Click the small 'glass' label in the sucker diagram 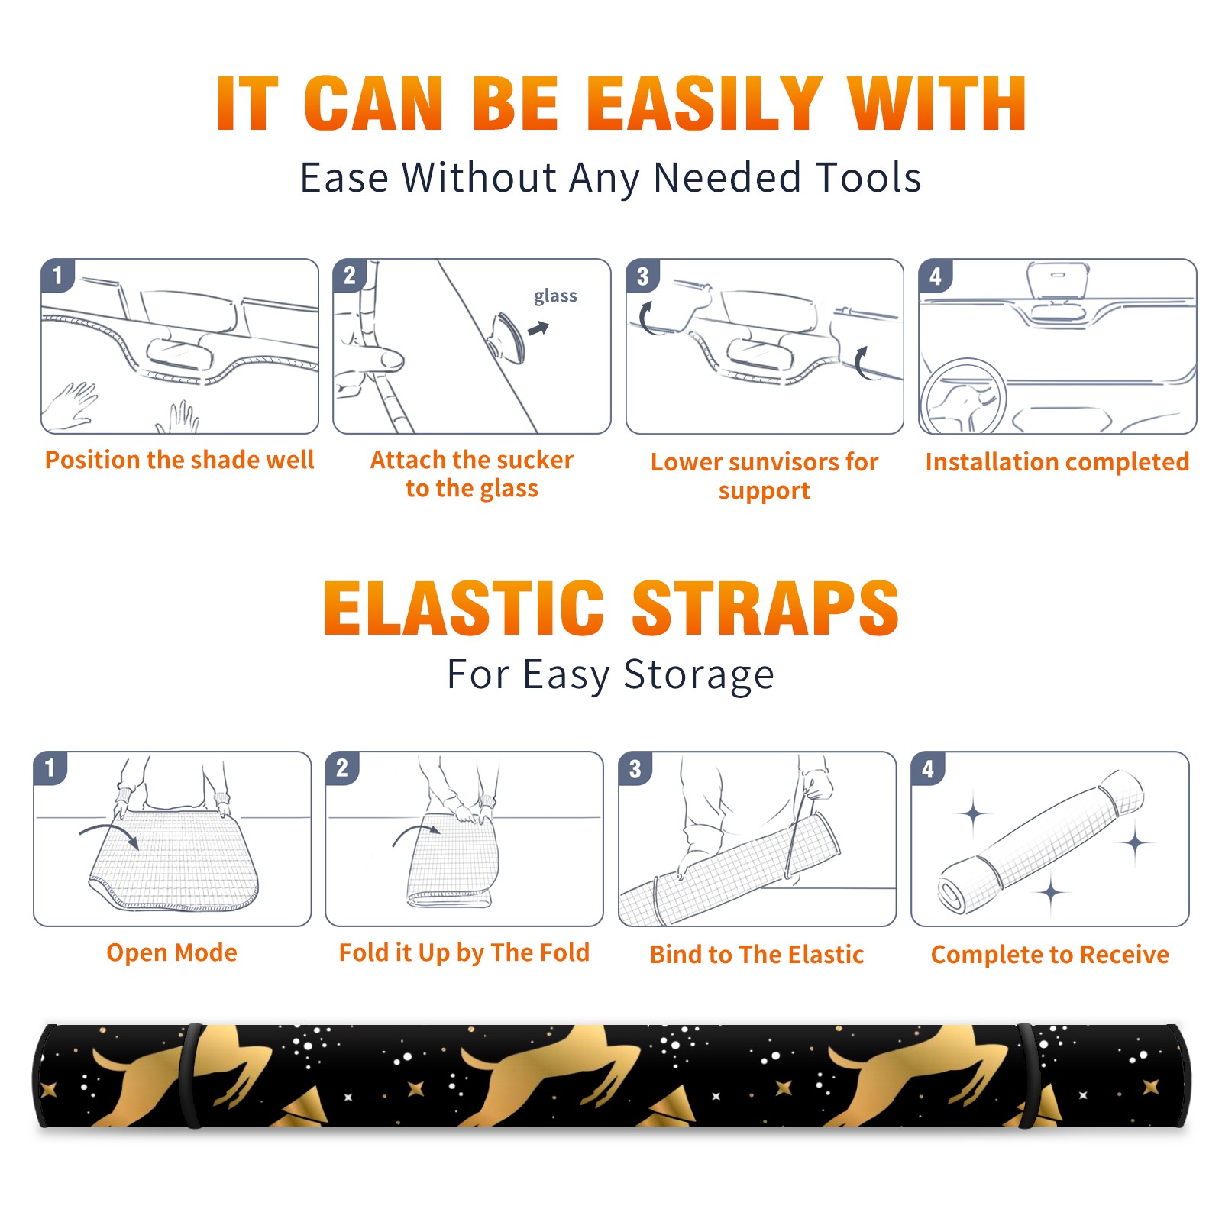pos(555,296)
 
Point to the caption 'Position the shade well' pos(179,460)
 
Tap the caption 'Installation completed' pos(1057,462)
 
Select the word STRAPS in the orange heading pos(765,608)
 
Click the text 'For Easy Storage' pos(610,674)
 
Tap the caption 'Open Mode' pos(172,952)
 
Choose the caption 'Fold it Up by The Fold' pos(464,953)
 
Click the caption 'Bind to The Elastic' pos(757,955)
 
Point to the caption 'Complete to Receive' pos(1050,955)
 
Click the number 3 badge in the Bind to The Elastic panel pos(635,769)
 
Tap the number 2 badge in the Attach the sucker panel pos(350,276)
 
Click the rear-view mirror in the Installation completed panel pos(1056,283)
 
